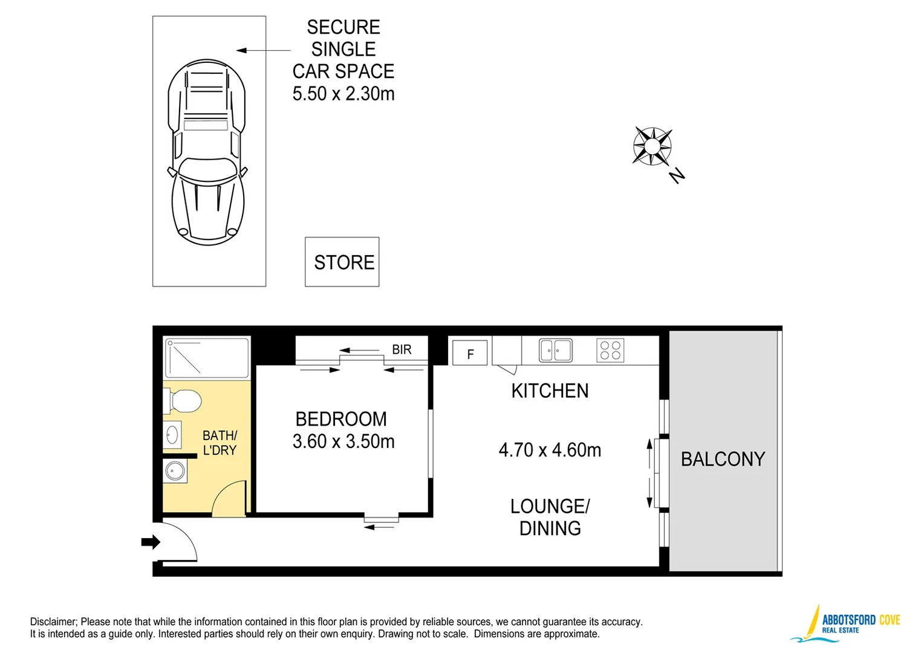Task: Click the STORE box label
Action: [343, 262]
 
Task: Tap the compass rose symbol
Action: [652, 146]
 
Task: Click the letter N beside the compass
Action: [677, 175]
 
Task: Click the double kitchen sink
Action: [555, 350]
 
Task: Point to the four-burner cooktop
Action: [610, 350]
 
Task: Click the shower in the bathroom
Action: [207, 358]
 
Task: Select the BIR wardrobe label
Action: [402, 349]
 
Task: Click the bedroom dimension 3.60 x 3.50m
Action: [343, 441]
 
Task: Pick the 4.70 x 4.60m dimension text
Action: [550, 450]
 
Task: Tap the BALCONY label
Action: [723, 459]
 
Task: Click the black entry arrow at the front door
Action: [150, 542]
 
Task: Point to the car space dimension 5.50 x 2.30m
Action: [343, 94]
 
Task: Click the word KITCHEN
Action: [550, 391]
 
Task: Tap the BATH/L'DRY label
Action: [220, 443]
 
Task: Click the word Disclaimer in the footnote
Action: [53, 622]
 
